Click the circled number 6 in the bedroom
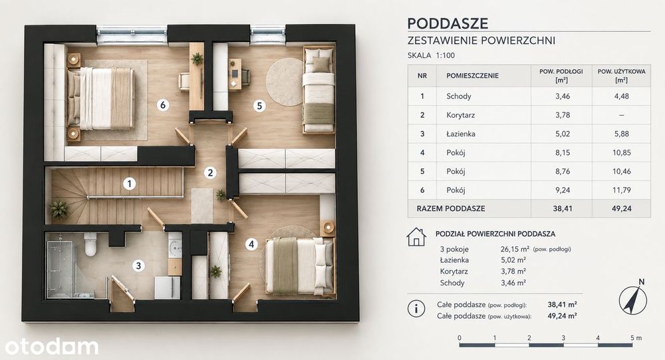163,105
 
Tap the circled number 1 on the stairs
130,184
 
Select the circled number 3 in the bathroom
138,266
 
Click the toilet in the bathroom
90,244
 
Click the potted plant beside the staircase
59,210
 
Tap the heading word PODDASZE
448,23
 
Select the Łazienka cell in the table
460,134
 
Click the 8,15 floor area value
563,152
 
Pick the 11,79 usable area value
621,190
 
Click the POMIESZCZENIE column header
472,76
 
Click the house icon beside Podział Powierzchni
416,237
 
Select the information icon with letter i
416,309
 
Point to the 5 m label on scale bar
636,338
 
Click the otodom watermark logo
52,346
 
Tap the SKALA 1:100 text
431,55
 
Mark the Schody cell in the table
458,96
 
